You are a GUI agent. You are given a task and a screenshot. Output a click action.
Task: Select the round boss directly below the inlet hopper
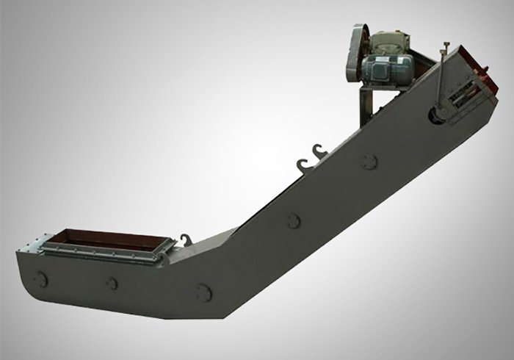pos(112,283)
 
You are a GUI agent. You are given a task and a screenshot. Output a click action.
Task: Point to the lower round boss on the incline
pos(294,220)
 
